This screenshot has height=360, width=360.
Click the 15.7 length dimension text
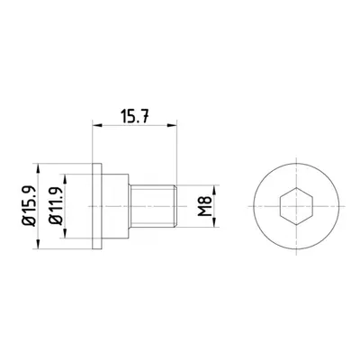coord(135,116)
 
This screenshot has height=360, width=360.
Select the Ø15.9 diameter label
coord(29,206)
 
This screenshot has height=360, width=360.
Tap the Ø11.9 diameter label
coord(56,206)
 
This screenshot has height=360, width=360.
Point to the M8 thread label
coord(205,206)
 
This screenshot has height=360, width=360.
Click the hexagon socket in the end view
coord(296,206)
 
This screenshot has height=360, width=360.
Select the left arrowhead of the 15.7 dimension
coord(96,125)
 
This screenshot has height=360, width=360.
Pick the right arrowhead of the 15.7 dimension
coord(173,125)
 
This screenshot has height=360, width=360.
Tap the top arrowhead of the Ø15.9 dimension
coord(38,168)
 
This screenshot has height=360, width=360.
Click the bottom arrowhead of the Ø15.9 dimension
coord(38,245)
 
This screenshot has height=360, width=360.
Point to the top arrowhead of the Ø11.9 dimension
coord(65,178)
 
